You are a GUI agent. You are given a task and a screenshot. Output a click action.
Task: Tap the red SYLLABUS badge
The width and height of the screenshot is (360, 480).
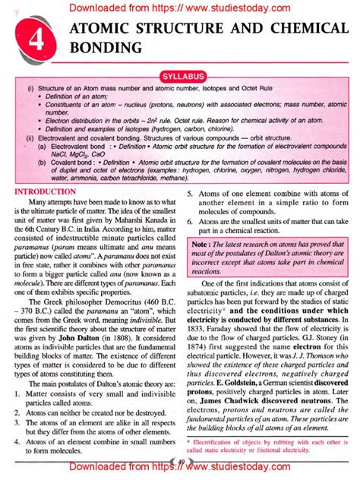click(x=180, y=77)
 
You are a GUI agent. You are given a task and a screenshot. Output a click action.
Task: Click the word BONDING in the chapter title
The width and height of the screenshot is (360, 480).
click(x=106, y=48)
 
